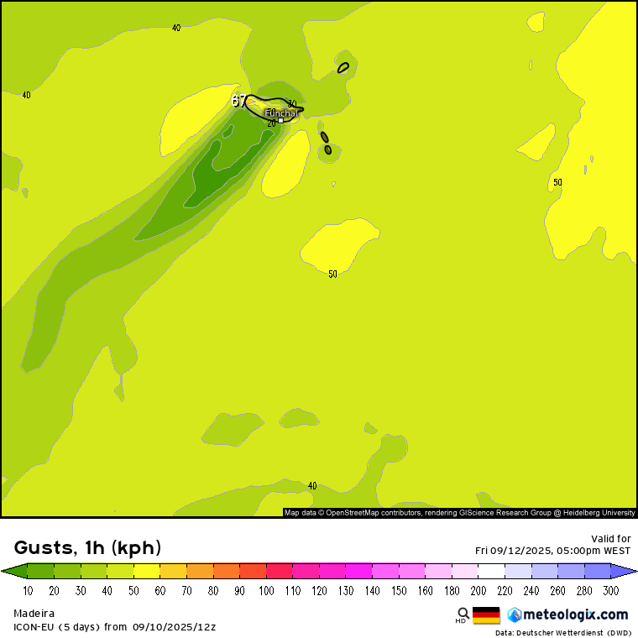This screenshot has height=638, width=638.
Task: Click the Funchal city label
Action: pos(280,112)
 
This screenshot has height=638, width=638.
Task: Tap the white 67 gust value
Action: pos(239,101)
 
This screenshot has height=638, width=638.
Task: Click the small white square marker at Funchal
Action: pos(280,120)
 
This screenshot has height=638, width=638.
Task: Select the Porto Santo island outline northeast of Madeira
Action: pos(343,67)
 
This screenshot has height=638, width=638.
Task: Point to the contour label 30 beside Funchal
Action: pos(292,104)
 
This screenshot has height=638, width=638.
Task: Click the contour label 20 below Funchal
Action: pos(271,123)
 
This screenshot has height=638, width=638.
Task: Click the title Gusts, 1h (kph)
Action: pos(87,548)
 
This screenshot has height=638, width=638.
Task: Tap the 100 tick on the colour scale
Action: pos(266,591)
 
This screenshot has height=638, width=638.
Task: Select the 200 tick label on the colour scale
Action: pos(478,591)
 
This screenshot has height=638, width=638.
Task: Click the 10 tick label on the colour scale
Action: pos(28,591)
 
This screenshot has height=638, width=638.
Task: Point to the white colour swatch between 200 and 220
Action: pos(491,571)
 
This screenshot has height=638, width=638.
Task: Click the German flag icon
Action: pos(486,614)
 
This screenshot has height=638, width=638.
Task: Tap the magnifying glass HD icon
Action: pos(463,614)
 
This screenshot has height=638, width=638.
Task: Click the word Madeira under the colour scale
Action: pos(34,614)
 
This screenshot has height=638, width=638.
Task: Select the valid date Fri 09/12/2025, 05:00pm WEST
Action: pos(553,551)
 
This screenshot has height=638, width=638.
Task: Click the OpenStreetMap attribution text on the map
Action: pos(459,512)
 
